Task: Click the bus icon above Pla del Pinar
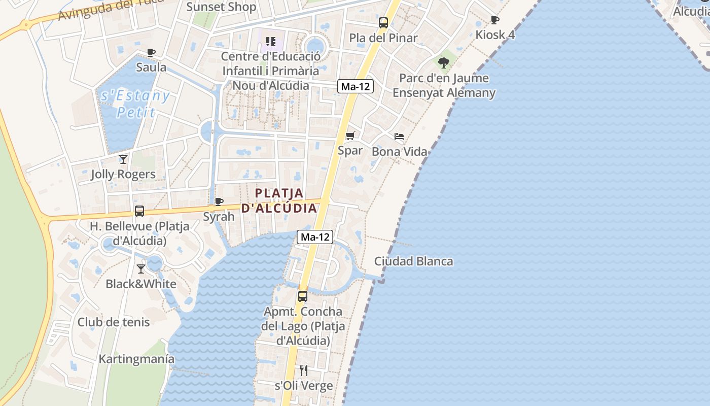383,23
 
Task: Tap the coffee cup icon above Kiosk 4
495,20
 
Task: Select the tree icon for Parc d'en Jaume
444,63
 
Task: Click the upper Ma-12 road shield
356,86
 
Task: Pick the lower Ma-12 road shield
315,236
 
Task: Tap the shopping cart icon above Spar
350,136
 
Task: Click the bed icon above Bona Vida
399,137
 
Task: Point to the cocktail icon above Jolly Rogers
123,159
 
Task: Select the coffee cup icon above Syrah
219,201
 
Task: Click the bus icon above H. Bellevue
139,211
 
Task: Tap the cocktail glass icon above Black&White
141,268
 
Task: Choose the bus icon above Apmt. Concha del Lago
303,296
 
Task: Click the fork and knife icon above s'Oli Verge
304,370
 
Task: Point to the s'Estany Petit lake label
135,104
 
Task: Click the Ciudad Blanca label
413,261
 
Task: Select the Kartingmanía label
136,359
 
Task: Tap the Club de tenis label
114,322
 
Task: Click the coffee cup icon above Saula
151,52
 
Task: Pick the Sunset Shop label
221,7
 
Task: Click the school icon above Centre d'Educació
271,41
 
